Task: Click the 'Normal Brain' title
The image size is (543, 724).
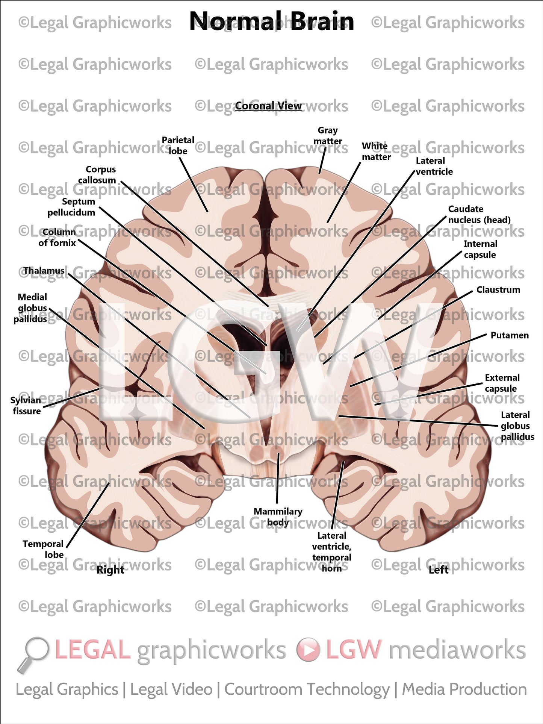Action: tap(271, 21)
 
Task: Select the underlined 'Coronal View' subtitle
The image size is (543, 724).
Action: tap(268, 106)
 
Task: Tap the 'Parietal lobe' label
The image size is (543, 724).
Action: tap(178, 145)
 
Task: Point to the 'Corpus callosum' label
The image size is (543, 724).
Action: tap(97, 175)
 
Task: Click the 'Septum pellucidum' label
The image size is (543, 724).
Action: tap(72, 207)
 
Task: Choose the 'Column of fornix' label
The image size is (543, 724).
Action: tap(57, 238)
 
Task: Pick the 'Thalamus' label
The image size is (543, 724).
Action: tap(44, 271)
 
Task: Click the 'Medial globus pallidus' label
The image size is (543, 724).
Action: tap(31, 308)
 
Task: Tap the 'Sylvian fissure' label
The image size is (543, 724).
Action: tap(26, 406)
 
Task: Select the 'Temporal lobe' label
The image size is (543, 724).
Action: tap(44, 549)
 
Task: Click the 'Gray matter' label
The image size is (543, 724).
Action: tap(328, 136)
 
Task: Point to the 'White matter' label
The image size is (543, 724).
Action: tap(376, 151)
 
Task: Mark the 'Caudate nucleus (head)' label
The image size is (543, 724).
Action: tap(479, 214)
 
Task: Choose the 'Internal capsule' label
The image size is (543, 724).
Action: tap(480, 249)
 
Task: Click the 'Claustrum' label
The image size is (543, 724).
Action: tap(498, 290)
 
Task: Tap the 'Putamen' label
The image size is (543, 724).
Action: tap(510, 335)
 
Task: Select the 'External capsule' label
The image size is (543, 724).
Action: tap(502, 383)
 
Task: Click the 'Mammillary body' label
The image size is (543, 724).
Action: tap(278, 517)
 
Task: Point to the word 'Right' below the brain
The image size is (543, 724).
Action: tap(110, 570)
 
